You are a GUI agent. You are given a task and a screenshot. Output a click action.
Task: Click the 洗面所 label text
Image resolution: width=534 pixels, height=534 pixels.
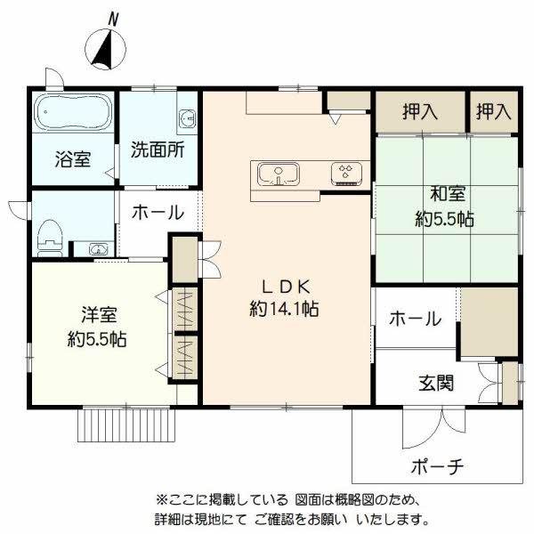point(158,150)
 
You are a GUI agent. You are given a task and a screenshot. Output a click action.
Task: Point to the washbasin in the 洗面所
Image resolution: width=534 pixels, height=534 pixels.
point(187,118)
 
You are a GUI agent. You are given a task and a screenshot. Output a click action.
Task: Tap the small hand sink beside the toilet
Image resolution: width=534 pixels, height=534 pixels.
point(100,248)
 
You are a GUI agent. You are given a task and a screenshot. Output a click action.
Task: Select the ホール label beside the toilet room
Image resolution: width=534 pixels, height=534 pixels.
point(158,213)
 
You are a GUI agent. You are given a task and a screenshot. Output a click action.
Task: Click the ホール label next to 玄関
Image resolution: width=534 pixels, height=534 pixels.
point(414,318)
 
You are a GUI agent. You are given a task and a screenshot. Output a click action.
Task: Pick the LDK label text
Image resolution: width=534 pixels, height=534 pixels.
point(284,287)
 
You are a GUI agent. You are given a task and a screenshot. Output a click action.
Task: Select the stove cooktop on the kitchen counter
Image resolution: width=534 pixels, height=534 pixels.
point(345,172)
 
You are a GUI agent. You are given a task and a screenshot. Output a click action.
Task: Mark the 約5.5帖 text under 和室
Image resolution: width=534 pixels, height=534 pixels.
point(443,219)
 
